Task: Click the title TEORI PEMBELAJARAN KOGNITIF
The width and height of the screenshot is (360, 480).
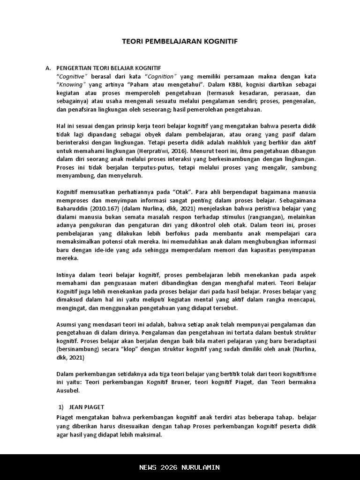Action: tap(180, 41)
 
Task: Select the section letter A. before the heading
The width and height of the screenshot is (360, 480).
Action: tap(48, 68)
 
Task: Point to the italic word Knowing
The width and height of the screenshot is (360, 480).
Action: tap(71, 85)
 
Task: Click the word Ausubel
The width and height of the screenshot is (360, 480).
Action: tap(68, 390)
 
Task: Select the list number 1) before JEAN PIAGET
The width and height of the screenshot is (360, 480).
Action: tap(61, 407)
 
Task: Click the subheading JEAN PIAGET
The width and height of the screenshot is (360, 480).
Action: tap(87, 407)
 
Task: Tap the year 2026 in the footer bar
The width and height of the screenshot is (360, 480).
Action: tap(171, 467)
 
